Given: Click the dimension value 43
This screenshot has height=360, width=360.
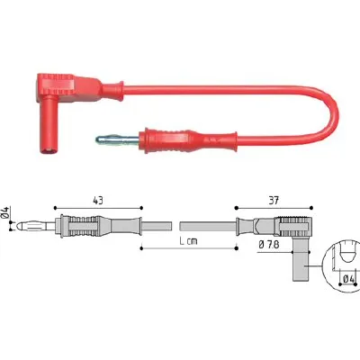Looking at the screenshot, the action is point(98,201).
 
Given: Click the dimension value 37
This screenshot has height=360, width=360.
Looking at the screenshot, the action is point(274,201).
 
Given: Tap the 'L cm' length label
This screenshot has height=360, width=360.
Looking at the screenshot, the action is point(189,240).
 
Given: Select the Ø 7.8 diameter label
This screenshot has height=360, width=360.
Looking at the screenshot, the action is point(268,245).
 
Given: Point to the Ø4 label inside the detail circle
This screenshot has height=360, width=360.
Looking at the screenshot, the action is point(348,279).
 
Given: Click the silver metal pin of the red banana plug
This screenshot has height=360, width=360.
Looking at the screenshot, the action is point(118,139).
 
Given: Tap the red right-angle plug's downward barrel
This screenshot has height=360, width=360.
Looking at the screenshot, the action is point(49,124).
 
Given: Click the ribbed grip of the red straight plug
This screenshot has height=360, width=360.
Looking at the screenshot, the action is point(166,140).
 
